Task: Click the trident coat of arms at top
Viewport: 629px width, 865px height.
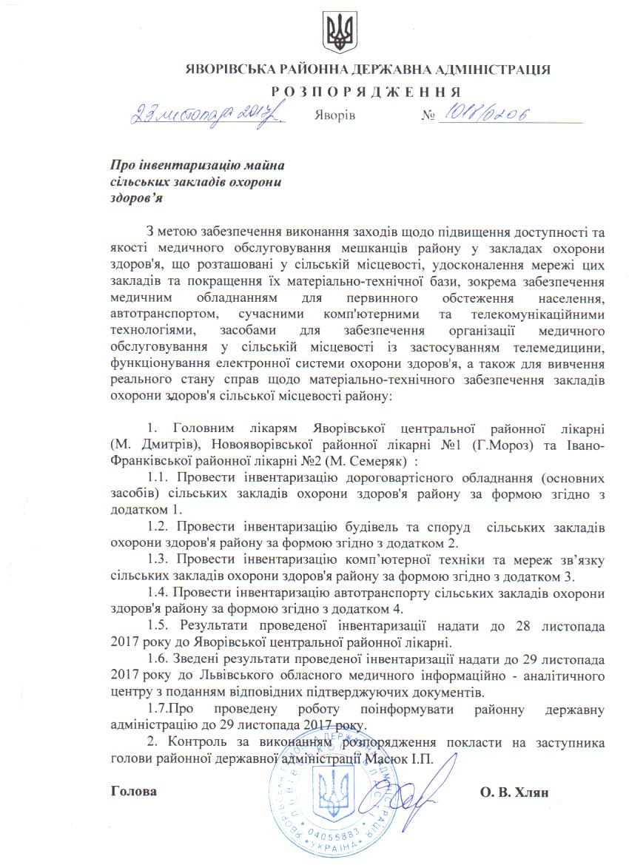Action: (x=340, y=33)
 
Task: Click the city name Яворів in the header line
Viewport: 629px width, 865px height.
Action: (x=335, y=116)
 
